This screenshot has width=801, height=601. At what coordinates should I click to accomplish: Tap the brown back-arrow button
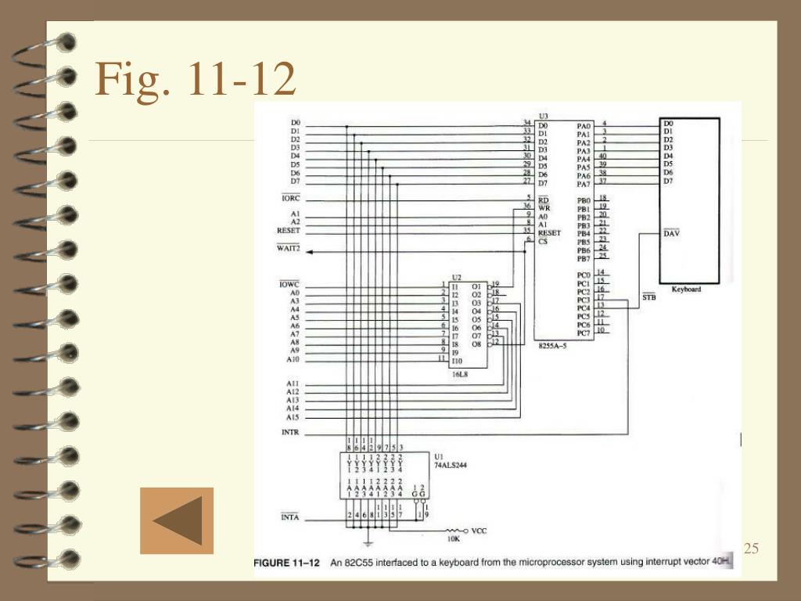click(x=177, y=520)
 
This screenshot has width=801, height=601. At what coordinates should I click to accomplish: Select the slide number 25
click(x=751, y=549)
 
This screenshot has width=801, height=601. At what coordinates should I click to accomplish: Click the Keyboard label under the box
click(x=686, y=289)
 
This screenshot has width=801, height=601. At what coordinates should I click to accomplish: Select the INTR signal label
click(x=289, y=433)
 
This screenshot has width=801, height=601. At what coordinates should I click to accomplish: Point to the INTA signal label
click(x=289, y=518)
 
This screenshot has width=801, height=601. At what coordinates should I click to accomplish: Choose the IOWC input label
click(x=289, y=283)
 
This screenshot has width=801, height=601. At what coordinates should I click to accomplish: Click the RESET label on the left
click(x=288, y=231)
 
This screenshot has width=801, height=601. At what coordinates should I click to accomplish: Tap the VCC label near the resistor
click(x=479, y=531)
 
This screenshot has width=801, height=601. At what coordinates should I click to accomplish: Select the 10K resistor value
click(x=453, y=539)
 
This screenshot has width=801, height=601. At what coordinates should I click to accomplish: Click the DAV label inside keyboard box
click(x=671, y=233)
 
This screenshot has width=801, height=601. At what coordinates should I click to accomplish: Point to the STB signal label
click(x=648, y=297)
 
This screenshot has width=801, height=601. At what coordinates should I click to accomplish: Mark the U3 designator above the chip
click(x=544, y=116)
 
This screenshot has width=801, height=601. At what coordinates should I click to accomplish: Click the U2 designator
click(x=457, y=277)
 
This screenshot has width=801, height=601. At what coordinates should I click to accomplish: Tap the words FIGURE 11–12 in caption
click(x=286, y=563)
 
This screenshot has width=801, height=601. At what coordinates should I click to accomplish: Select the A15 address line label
click(x=292, y=417)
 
